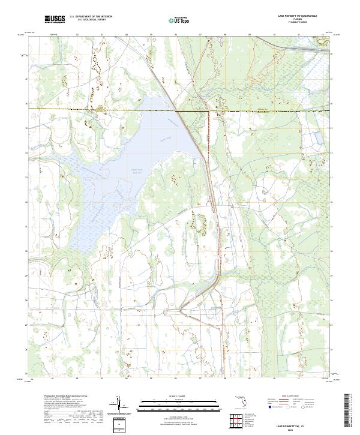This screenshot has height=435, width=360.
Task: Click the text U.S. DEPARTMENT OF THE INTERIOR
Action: pos(91,17)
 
